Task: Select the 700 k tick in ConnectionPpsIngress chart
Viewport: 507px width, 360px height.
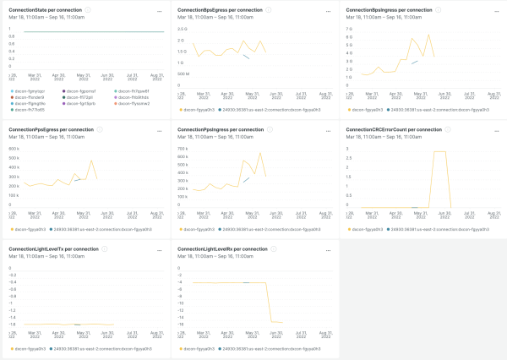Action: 181,149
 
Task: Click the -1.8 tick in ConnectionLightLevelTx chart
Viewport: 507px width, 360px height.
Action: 13,324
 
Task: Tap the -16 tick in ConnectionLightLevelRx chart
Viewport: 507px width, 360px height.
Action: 180,324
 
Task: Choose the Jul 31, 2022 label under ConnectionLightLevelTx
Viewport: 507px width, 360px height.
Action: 133,335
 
